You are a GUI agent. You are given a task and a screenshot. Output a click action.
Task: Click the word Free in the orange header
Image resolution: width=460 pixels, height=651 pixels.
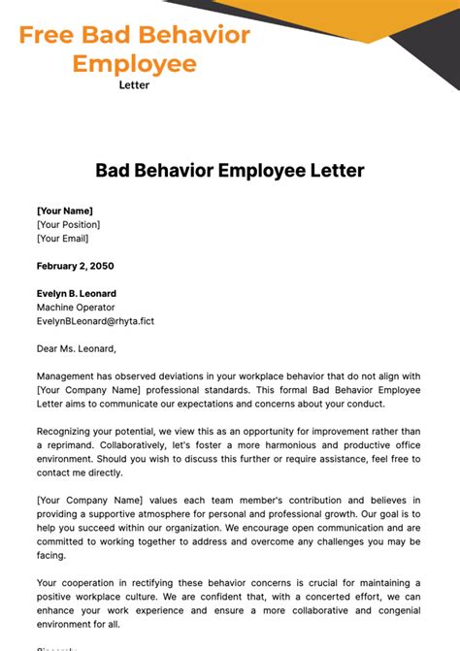pos(47,36)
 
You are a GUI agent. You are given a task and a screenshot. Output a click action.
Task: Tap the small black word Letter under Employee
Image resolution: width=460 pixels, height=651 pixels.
pos(134,84)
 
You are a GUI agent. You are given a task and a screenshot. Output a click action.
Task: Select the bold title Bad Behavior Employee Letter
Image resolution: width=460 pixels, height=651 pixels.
pos(229,171)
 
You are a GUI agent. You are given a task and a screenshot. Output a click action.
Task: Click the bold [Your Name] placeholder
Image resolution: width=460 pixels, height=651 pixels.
pos(65,211)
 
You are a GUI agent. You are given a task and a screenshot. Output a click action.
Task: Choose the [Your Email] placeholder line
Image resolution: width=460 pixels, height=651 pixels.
pos(62,238)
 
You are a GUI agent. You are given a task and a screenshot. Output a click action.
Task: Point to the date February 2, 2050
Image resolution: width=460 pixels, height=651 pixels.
pos(75,266)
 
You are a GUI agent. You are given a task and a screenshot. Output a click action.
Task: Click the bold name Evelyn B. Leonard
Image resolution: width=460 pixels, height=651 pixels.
pos(77,294)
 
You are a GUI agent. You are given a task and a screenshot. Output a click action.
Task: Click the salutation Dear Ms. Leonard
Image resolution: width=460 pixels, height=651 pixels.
pos(77,348)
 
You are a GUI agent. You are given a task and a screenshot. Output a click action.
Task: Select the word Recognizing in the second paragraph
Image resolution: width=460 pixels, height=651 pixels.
pos(70,432)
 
